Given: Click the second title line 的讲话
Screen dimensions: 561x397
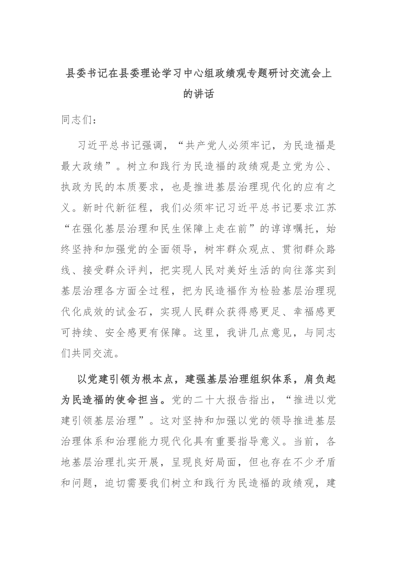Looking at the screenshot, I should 198,94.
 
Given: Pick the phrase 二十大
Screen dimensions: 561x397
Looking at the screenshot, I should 227,400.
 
